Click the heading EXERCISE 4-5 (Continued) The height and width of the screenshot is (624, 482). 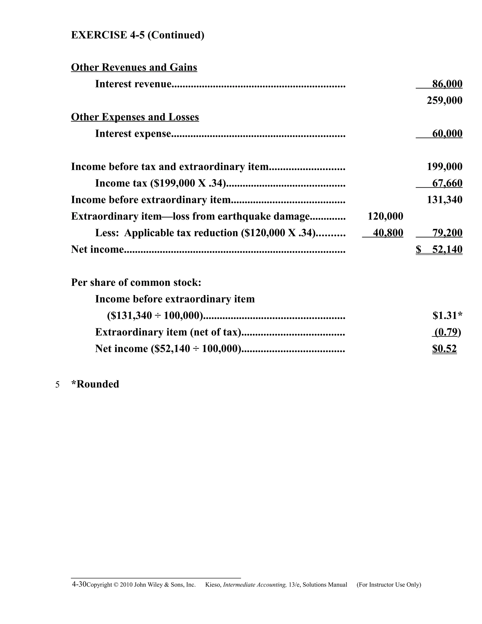[x=137, y=35]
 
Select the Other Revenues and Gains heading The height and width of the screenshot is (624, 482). [x=134, y=67]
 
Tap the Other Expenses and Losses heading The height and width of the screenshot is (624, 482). [x=135, y=117]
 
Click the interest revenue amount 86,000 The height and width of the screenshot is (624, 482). [x=447, y=84]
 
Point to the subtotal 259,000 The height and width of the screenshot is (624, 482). [x=444, y=101]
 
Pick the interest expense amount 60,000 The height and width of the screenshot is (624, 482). [x=447, y=134]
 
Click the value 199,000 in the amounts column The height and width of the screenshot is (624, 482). [x=444, y=166]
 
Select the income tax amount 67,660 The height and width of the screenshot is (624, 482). [x=447, y=183]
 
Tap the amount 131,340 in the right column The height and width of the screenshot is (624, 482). [x=444, y=200]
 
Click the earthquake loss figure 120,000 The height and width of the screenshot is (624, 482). [x=385, y=216]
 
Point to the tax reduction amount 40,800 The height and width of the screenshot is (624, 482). [x=388, y=233]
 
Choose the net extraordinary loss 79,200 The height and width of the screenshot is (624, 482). [x=447, y=233]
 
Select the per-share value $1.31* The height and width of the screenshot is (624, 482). [x=447, y=316]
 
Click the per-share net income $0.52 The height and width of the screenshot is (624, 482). [x=444, y=349]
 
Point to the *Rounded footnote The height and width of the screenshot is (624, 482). [x=95, y=384]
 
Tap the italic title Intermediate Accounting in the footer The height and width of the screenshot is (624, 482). [x=255, y=585]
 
